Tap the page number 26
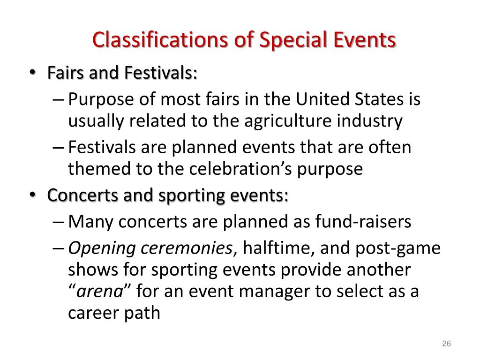click(x=446, y=345)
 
